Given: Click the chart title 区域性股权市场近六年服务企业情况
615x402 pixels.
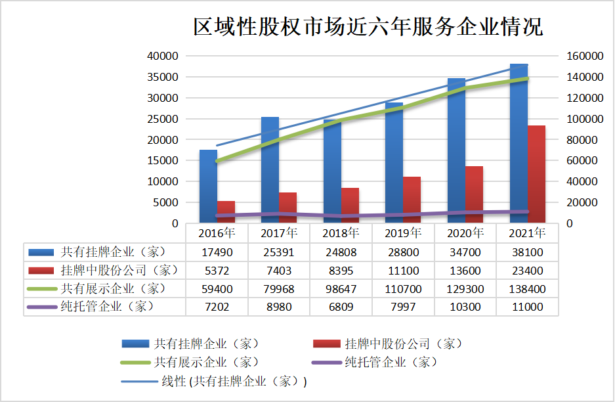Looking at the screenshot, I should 368,28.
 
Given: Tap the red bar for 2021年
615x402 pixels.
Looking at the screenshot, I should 537,175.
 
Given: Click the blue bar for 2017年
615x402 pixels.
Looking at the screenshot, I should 270,171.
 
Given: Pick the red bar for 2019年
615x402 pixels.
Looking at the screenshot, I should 412,200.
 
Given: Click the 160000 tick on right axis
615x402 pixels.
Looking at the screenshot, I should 583,56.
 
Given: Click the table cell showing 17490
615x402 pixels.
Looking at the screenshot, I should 217,252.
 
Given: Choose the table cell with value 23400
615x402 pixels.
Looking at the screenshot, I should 528,270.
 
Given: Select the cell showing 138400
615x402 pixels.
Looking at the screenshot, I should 528,288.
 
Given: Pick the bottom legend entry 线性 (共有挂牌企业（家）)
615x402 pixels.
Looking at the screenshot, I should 234,381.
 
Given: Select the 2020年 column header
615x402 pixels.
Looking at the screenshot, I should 465,233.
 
